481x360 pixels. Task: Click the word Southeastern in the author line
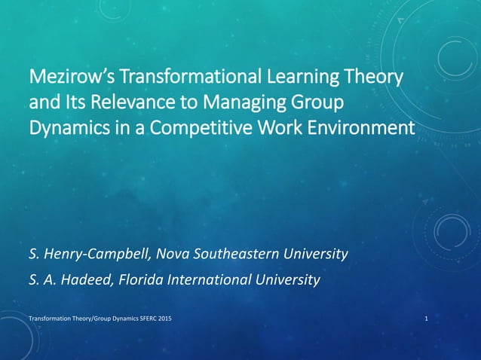(236, 254)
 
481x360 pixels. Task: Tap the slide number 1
(427, 320)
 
